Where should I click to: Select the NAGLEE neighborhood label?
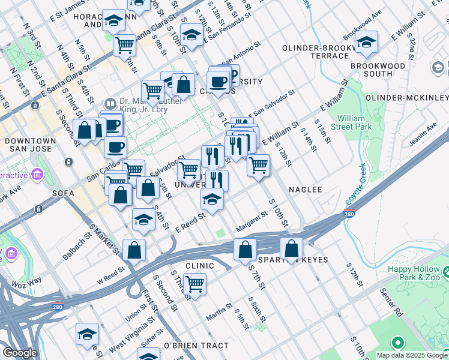[305, 189]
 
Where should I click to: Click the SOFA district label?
[47, 193]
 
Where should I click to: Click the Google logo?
[20, 352]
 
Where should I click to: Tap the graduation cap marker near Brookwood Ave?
[366, 42]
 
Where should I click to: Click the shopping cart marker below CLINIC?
[194, 284]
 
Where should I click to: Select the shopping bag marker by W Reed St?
[134, 250]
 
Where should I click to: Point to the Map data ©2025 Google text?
[411, 355]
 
